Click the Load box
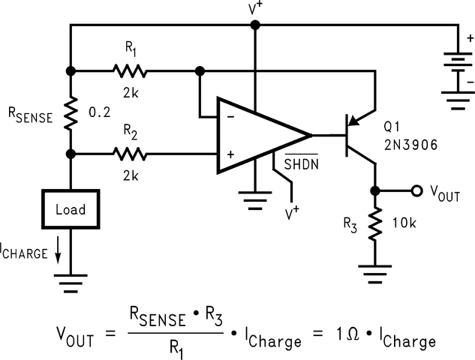(x=70, y=209)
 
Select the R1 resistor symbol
(x=130, y=71)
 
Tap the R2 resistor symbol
(x=130, y=154)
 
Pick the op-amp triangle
(x=259, y=136)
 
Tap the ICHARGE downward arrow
(x=57, y=253)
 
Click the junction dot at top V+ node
(x=255, y=25)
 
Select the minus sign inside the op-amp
(x=230, y=117)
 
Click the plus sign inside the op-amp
(x=230, y=154)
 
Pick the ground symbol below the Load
(x=70, y=280)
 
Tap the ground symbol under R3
(x=374, y=268)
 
